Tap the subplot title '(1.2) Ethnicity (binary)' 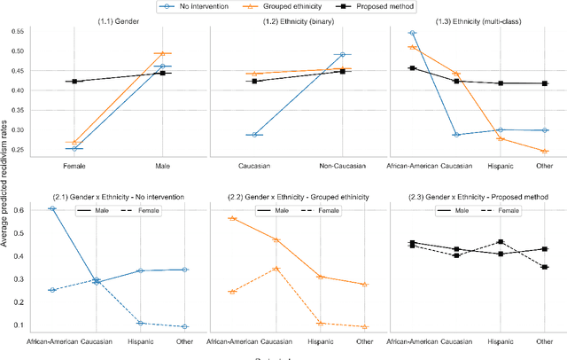tap(298, 21)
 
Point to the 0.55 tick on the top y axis tap(14, 32)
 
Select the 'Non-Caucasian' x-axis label tap(342, 165)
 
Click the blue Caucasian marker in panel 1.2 tap(255, 135)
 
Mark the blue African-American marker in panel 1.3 tap(413, 33)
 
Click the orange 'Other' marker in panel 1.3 tap(545, 152)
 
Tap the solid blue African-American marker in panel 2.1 tap(52, 208)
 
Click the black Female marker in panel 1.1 tap(74, 82)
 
